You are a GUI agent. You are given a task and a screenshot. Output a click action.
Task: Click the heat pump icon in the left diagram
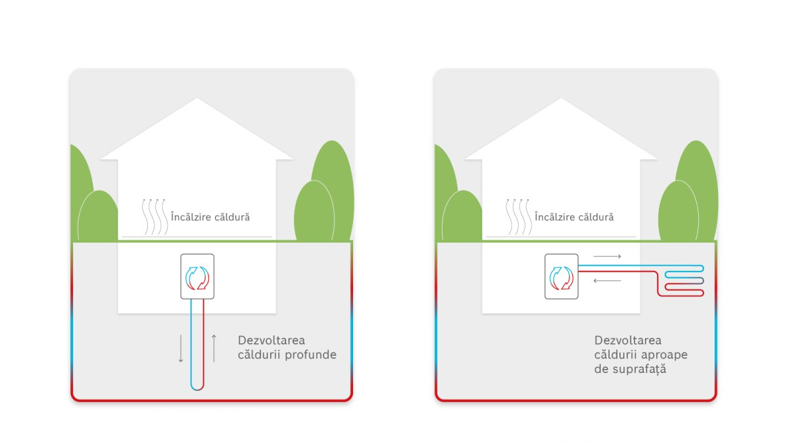(197, 276)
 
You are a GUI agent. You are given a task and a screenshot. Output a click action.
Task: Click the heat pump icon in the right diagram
(562, 276)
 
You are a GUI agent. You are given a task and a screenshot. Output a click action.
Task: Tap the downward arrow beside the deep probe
(181, 349)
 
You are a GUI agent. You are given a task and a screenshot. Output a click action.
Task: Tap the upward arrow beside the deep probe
(214, 349)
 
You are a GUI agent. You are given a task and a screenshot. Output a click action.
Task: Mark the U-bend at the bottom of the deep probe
(197, 387)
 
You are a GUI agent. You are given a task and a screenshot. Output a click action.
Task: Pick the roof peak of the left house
(197, 101)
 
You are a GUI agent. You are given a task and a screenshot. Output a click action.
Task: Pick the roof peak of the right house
(562, 101)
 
